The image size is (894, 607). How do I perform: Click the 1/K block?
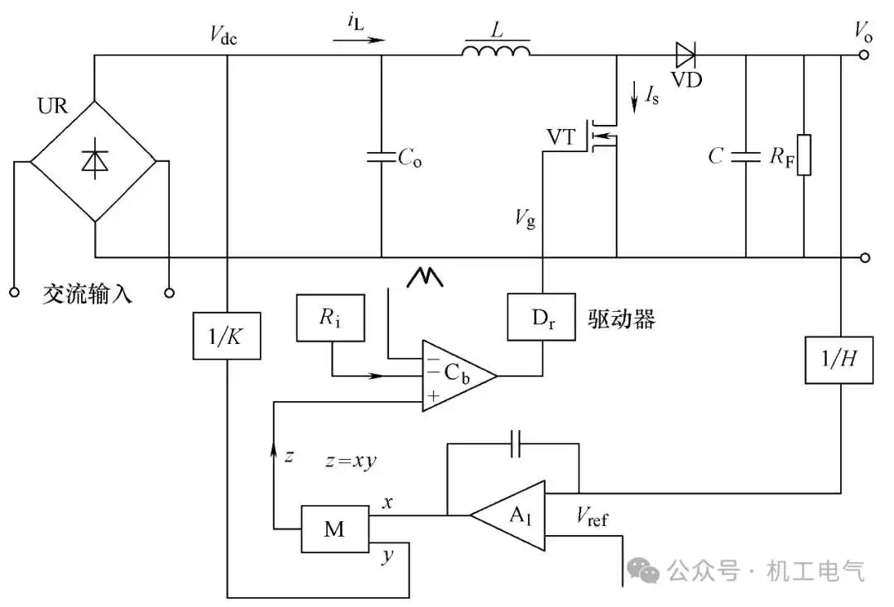pyautogui.click(x=227, y=336)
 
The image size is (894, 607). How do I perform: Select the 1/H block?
pyautogui.click(x=839, y=359)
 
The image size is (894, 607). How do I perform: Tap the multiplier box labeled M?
pyautogui.click(x=334, y=529)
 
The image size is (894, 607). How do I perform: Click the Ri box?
pyautogui.click(x=330, y=318)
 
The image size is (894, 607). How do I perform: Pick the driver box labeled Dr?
pyautogui.click(x=541, y=318)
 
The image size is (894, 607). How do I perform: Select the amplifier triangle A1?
pyautogui.click(x=507, y=516)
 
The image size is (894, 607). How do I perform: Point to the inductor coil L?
pyautogui.click(x=496, y=50)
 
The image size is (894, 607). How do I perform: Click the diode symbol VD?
pyautogui.click(x=685, y=55)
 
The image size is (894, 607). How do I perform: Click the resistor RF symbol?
pyautogui.click(x=804, y=155)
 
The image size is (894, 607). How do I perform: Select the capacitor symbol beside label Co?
pyautogui.click(x=381, y=157)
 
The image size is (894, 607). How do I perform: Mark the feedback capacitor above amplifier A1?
pyautogui.click(x=516, y=444)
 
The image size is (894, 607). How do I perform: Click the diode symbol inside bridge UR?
pyautogui.click(x=94, y=160)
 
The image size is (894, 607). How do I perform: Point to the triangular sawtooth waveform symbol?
pyautogui.click(x=425, y=277)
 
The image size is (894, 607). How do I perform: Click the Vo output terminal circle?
pyautogui.click(x=864, y=55)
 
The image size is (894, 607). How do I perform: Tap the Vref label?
pyautogui.click(x=592, y=517)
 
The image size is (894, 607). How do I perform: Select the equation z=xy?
pyautogui.click(x=351, y=460)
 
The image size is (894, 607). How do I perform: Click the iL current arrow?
pyautogui.click(x=359, y=40)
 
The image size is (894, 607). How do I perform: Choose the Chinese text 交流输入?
pyautogui.click(x=87, y=294)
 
